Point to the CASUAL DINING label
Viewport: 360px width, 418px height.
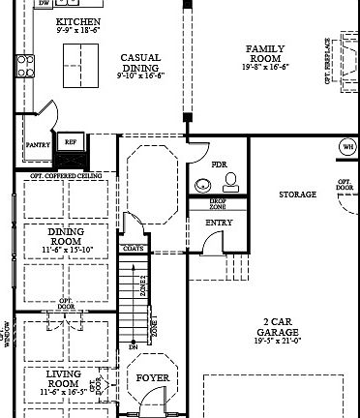pyautogui.click(x=140, y=63)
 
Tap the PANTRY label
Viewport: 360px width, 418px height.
pyautogui.click(x=38, y=144)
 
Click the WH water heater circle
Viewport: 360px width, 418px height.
pyautogui.click(x=346, y=147)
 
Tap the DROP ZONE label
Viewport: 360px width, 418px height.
pyautogui.click(x=219, y=204)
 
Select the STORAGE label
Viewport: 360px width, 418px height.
pyautogui.click(x=297, y=194)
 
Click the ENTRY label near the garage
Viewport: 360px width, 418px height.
pyautogui.click(x=219, y=223)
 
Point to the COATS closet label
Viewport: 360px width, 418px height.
pyautogui.click(x=134, y=248)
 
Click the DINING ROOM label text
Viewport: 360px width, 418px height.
pyautogui.click(x=66, y=237)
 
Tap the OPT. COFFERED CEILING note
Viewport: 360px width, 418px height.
pyautogui.click(x=67, y=176)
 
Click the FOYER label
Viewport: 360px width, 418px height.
pyautogui.click(x=152, y=377)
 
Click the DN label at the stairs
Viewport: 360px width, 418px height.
pyautogui.click(x=134, y=345)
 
